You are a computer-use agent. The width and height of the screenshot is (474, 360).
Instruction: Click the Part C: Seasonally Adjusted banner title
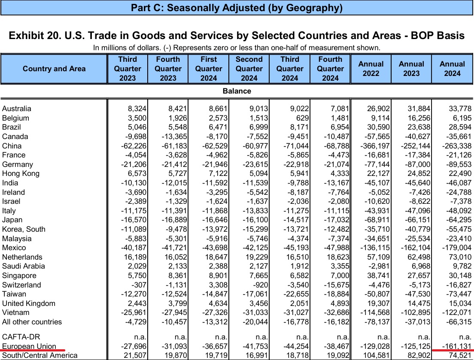coord(237,8)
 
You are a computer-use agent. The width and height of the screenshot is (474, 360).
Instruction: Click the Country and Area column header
coord(54,69)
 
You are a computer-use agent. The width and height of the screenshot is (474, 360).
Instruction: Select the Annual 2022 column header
coord(371,69)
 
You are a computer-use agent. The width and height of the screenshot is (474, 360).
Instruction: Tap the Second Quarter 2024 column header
coord(249,69)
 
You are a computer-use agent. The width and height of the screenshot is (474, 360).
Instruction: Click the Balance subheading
coord(237,91)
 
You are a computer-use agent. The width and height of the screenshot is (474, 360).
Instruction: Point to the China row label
coord(12,146)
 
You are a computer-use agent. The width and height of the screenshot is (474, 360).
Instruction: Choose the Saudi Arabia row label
coord(24,266)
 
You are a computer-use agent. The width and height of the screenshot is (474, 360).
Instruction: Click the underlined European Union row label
coord(29,346)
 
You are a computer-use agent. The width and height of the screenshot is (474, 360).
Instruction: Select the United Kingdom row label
coord(29,303)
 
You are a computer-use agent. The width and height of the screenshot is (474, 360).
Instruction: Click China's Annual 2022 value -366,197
coord(375,146)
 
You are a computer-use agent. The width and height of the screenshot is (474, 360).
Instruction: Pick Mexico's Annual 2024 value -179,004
coord(457,248)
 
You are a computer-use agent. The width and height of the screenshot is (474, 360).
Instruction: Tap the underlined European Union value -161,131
coord(457,346)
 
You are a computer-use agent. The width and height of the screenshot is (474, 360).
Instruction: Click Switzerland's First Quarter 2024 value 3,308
coord(218,285)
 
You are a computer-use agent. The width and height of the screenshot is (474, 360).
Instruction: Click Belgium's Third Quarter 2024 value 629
coord(302,118)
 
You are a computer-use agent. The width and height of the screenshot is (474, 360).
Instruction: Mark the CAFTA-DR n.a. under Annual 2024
coord(465,337)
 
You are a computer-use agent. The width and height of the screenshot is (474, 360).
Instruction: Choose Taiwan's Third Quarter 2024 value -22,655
coord(296,294)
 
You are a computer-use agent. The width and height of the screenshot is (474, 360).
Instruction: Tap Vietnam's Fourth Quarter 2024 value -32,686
coord(337,312)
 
